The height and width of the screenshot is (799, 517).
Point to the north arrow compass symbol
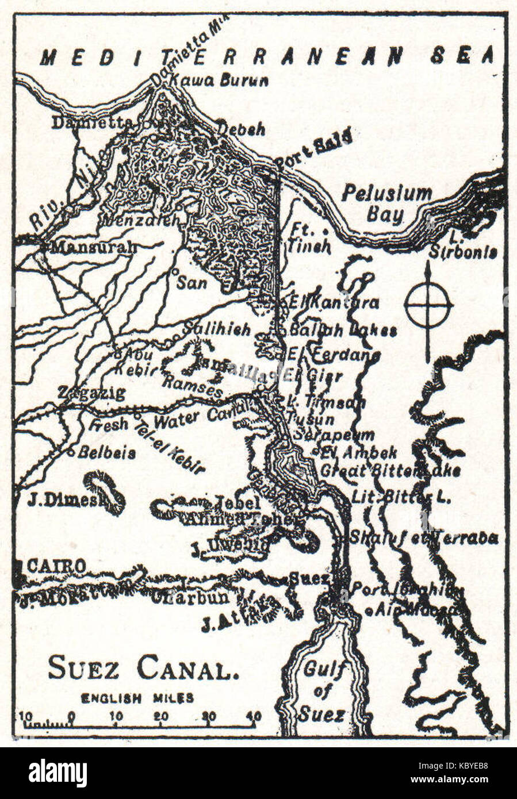[428, 306]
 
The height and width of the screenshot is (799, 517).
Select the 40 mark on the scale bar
[253, 716]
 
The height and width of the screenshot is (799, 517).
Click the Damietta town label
[93, 122]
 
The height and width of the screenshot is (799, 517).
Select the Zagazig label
[92, 393]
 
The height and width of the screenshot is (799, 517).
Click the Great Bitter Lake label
[390, 470]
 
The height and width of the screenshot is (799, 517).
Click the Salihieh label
[217, 329]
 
